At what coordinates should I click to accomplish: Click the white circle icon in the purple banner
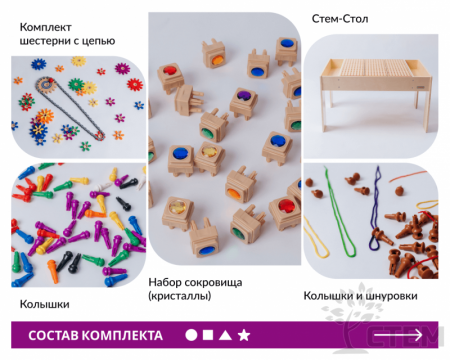[x=191, y=335]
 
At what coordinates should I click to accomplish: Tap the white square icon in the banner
[x=208, y=334]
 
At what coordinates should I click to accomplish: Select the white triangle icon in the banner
[x=225, y=335]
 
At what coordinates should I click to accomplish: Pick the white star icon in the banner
[x=244, y=335]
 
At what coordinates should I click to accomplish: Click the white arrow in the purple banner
[x=398, y=335]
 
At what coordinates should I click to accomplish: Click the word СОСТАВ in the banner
[x=54, y=335]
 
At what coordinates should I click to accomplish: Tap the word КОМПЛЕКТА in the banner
[x=122, y=335]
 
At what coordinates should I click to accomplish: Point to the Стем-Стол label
[x=340, y=19]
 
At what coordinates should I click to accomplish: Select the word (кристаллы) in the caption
[x=180, y=296]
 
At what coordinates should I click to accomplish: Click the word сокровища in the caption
[x=213, y=283]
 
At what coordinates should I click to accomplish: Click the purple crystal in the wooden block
[x=245, y=95]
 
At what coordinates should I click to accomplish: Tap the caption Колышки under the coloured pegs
[x=45, y=304]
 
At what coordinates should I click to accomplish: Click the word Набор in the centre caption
[x=165, y=283]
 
